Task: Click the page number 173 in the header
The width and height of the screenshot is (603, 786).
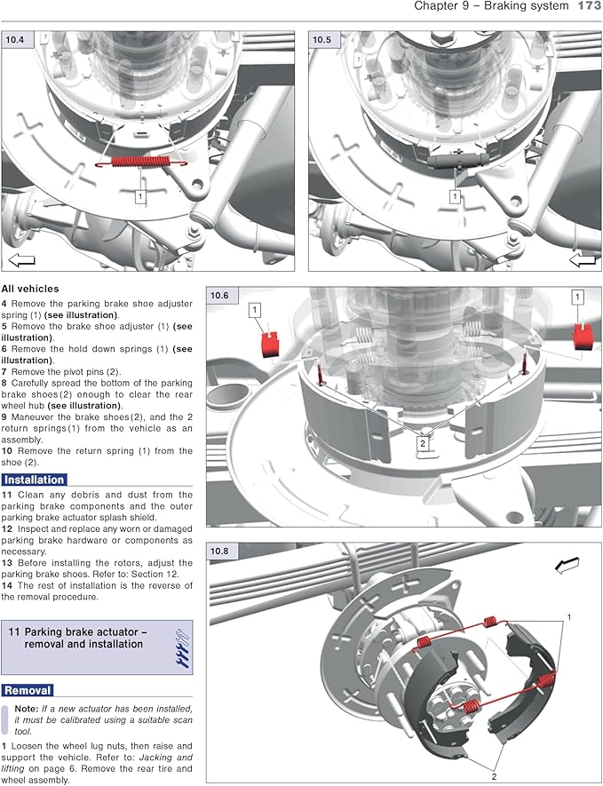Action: pyautogui.click(x=589, y=6)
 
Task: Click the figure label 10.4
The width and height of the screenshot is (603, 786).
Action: pyautogui.click(x=15, y=39)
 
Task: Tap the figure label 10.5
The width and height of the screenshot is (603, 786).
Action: pyautogui.click(x=321, y=39)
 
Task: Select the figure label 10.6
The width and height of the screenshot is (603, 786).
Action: pyautogui.click(x=219, y=295)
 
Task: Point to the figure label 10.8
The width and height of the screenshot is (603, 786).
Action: pyautogui.click(x=219, y=551)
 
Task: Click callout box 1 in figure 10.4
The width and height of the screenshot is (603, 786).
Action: pyautogui.click(x=140, y=195)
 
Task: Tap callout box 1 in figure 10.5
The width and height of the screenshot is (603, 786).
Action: pyautogui.click(x=455, y=195)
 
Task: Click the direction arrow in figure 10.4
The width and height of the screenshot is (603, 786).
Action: pyautogui.click(x=20, y=260)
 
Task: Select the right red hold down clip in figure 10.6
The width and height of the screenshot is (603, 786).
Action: pyautogui.click(x=583, y=336)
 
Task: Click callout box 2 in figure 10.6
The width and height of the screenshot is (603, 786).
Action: pyautogui.click(x=423, y=442)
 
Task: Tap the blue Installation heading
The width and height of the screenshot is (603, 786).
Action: pyautogui.click(x=34, y=480)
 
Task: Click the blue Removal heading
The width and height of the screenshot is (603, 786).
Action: pyautogui.click(x=28, y=690)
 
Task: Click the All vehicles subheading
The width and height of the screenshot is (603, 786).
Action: pyautogui.click(x=30, y=289)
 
